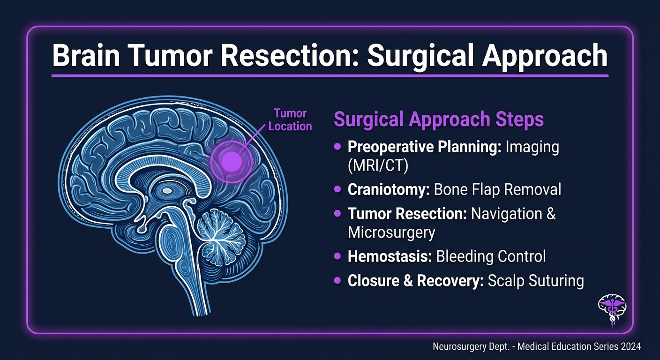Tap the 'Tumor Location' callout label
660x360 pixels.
click(x=290, y=120)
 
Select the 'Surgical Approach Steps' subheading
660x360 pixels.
click(x=438, y=120)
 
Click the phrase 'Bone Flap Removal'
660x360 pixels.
click(x=497, y=189)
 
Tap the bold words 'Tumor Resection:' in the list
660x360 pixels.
click(x=407, y=214)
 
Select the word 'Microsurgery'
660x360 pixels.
click(x=391, y=232)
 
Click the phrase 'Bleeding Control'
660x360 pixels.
click(x=491, y=256)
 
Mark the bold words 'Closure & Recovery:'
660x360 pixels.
click(x=415, y=280)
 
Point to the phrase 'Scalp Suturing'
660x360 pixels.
click(x=535, y=280)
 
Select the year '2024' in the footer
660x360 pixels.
click(x=630, y=347)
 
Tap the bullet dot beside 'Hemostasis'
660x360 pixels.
click(x=337, y=256)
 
